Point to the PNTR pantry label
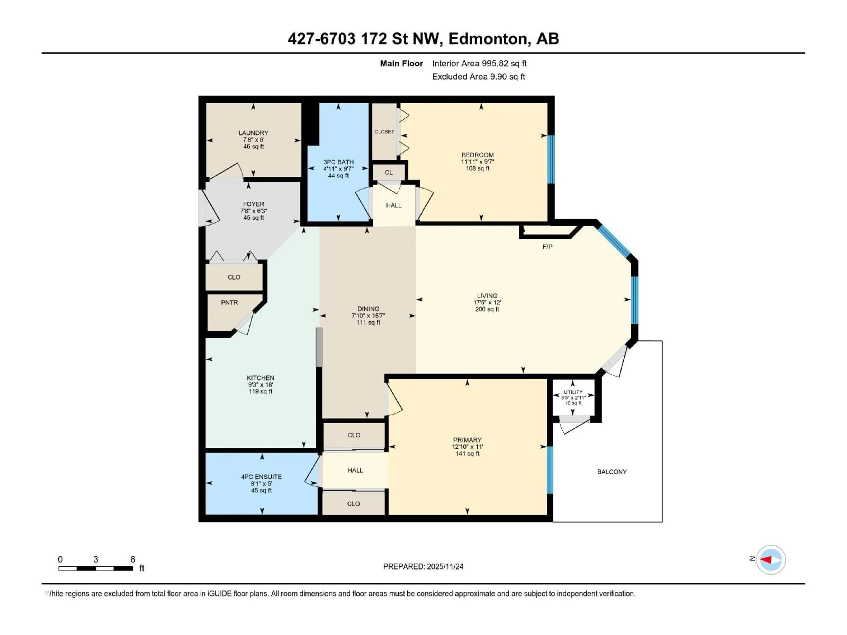229,302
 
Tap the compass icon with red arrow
771,560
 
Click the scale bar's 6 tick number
133,559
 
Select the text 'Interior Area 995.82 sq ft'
479,63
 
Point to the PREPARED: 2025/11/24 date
423,566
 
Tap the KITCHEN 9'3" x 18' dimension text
260,385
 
